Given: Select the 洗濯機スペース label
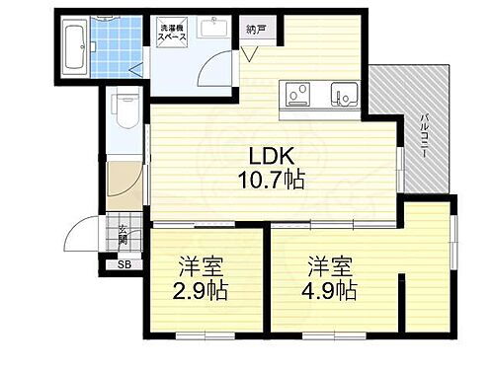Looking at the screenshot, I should pyautogui.click(x=165, y=33).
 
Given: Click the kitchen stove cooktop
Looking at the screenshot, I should pyautogui.click(x=296, y=95).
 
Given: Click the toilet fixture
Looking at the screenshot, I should pyautogui.click(x=124, y=105).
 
